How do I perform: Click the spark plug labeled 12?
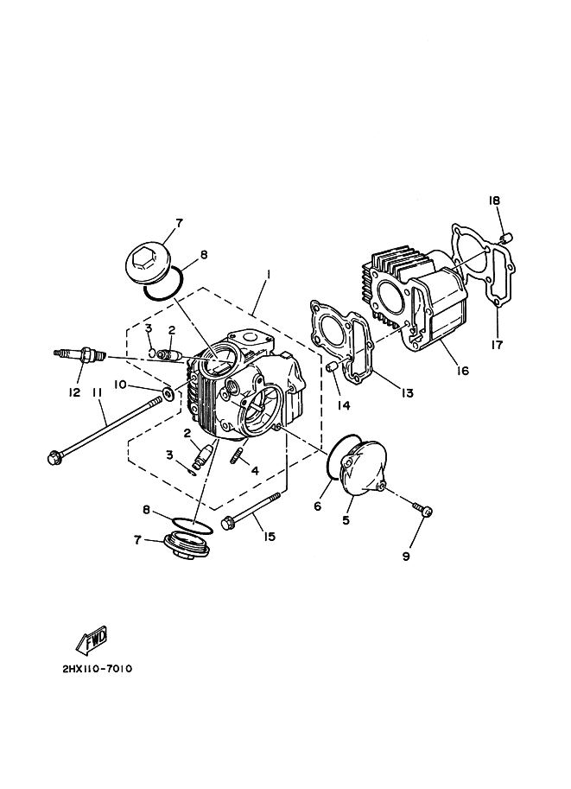[x=80, y=354]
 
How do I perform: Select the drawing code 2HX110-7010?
[x=97, y=669]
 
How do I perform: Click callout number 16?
[x=462, y=371]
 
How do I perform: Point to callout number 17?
[x=497, y=345]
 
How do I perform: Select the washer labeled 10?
[x=168, y=393]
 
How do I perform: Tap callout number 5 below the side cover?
[x=346, y=520]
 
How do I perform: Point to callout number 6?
[x=317, y=506]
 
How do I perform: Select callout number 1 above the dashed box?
[x=270, y=275]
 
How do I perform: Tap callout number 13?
[x=407, y=393]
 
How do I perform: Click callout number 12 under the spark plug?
[x=74, y=392]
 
